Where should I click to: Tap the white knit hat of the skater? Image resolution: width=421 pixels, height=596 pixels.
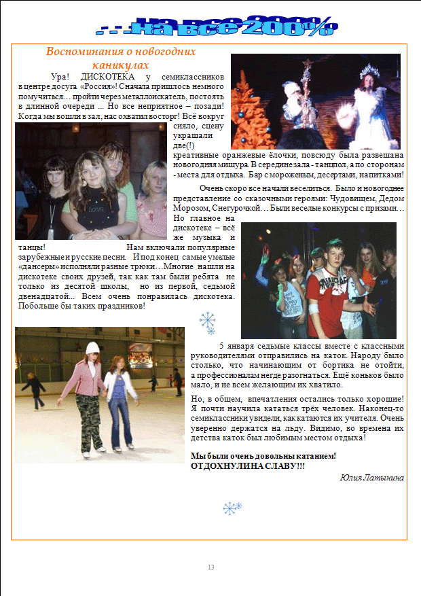click(x=92, y=347)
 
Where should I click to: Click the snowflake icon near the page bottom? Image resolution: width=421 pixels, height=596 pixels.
click(x=233, y=508)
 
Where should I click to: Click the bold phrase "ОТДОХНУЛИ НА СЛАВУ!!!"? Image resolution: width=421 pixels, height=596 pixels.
click(x=248, y=466)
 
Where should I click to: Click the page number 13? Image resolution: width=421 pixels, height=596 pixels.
click(x=210, y=567)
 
